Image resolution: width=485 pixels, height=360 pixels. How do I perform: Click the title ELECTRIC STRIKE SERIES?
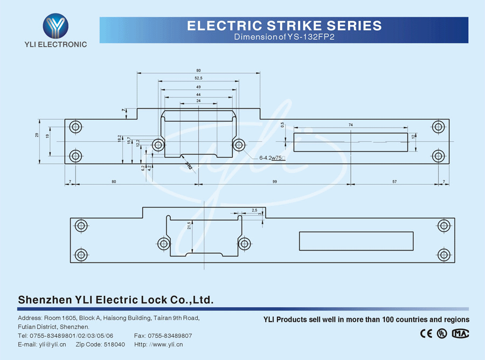point(284,25)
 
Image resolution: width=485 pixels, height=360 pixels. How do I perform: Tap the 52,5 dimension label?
point(198,79)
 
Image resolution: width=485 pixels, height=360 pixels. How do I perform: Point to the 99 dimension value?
point(274,182)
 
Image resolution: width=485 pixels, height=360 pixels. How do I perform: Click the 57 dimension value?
point(394,182)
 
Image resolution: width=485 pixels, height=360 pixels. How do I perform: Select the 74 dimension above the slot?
point(351,125)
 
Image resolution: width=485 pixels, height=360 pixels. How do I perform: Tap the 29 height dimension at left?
point(37,135)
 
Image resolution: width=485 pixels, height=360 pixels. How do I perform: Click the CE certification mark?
point(426,333)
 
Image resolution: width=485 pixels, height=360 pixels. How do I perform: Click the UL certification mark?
point(442,333)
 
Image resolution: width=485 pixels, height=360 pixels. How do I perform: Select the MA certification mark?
point(460,333)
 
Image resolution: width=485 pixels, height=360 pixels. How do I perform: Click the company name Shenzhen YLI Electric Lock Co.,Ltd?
point(116,300)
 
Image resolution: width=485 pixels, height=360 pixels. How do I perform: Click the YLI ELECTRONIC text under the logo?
point(56,44)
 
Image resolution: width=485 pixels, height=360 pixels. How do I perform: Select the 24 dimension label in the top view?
point(198,101)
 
